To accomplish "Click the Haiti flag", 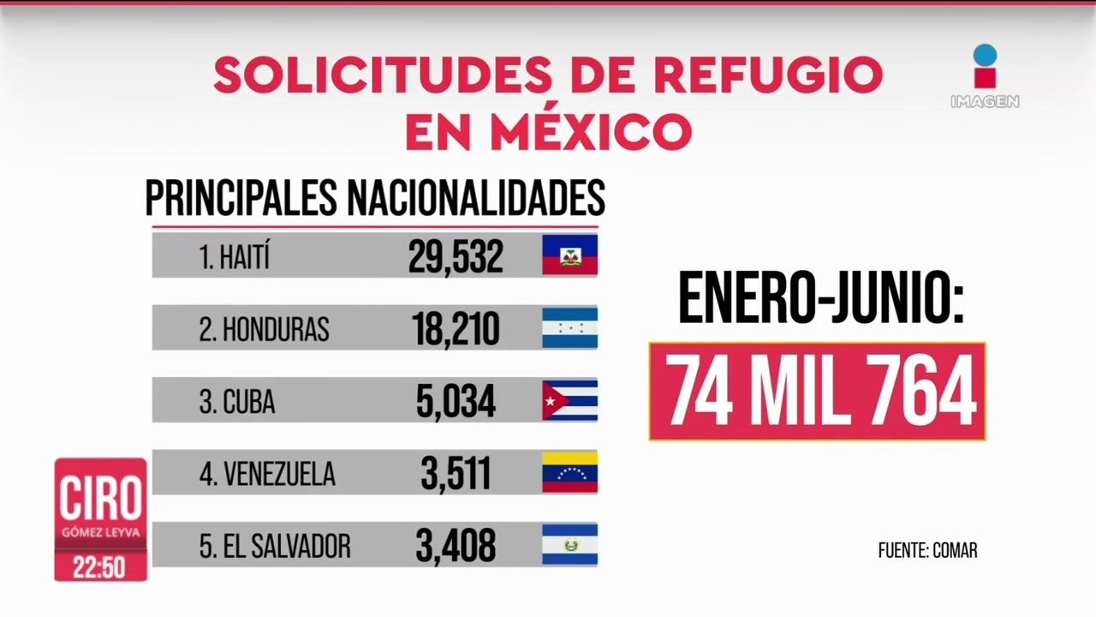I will tap(569, 255).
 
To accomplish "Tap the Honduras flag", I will tap(569, 327).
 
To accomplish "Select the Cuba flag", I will tap(569, 400).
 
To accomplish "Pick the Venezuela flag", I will tap(569, 472).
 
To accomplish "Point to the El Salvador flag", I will tap(569, 544).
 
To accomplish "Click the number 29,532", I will tap(456, 255).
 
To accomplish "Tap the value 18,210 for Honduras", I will tap(456, 328).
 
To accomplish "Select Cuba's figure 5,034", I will tap(456, 401).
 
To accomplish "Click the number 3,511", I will tap(456, 473).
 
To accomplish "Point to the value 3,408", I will tap(456, 546).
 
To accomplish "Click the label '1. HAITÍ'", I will tap(235, 257).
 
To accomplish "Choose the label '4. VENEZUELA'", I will tap(267, 474).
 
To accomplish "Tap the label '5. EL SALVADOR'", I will tap(275, 547).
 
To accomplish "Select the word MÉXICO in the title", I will tap(590, 132).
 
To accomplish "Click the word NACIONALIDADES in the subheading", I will tap(475, 199).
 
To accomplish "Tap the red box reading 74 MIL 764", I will tap(818, 392).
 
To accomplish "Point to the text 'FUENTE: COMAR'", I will tap(927, 551).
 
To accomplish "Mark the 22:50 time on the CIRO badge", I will tap(100, 567).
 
